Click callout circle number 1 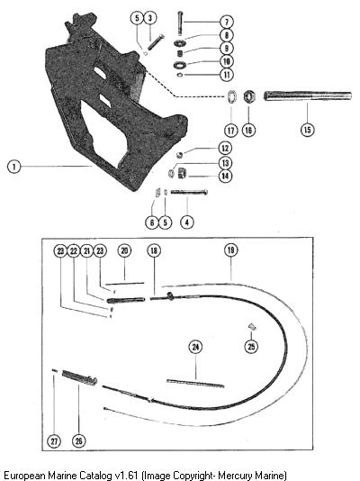(x=13, y=167)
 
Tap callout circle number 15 (x=307, y=130)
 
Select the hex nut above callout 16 (x=249, y=96)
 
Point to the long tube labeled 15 (x=308, y=96)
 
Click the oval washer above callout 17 (x=231, y=96)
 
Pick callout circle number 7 (x=227, y=22)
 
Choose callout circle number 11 (x=227, y=74)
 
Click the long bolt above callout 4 (x=189, y=193)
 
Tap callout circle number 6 (x=152, y=222)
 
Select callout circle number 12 (x=225, y=149)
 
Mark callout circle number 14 (x=225, y=176)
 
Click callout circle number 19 (x=231, y=250)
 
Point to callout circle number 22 (x=74, y=251)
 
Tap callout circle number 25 (x=251, y=346)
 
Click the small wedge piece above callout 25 (x=251, y=327)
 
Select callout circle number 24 (x=195, y=347)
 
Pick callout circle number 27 (x=54, y=441)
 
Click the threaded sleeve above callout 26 (x=80, y=377)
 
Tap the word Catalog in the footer (x=96, y=475)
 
